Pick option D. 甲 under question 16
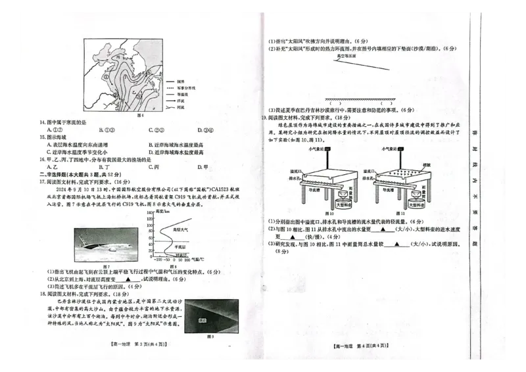[x=203, y=167]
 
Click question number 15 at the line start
[x=43, y=137]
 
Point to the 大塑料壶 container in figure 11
[x=415, y=206]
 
